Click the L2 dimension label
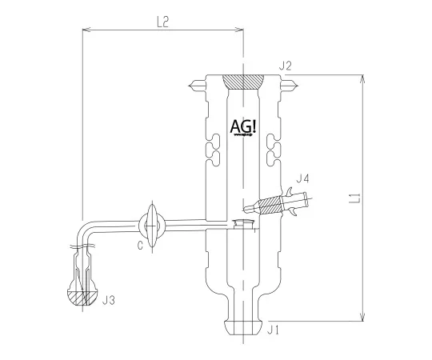(162, 23)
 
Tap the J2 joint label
(286, 65)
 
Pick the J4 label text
(302, 178)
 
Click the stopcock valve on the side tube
(154, 224)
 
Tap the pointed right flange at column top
(292, 84)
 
